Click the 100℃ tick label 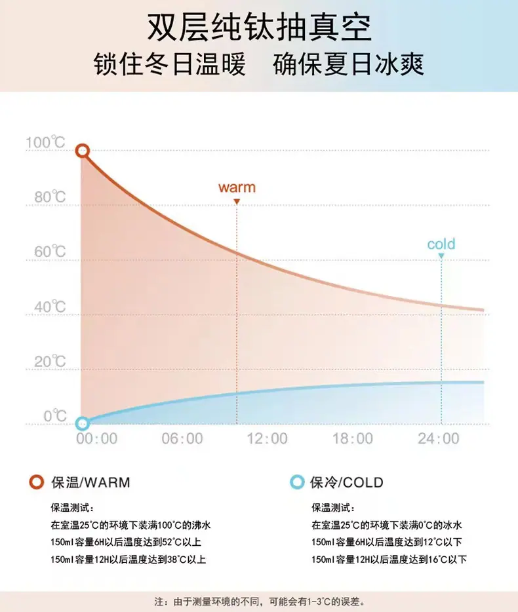[45, 142]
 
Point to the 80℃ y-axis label [50, 197]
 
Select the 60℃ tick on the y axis [50, 252]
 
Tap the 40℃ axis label [50, 307]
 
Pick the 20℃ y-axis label [50, 362]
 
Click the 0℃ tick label [55, 416]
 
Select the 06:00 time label [182, 439]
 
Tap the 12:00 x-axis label [268, 439]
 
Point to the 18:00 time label [353, 439]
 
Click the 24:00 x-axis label [438, 439]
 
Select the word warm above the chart [237, 187]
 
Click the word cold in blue [441, 244]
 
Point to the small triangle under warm [237, 202]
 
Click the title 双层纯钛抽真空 [259, 28]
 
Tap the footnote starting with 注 [260, 602]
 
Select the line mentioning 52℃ [126, 542]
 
